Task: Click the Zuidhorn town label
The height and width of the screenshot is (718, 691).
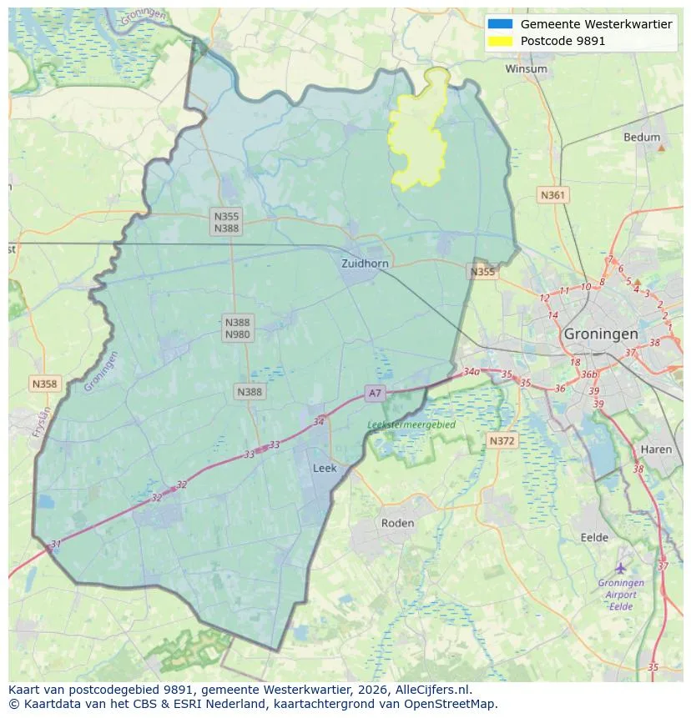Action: (x=365, y=264)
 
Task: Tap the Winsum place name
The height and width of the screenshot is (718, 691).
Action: (x=526, y=69)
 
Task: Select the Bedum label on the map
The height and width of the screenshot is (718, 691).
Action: (x=641, y=138)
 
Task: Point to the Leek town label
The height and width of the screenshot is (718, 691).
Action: (x=325, y=469)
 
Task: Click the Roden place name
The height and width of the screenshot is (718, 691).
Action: (x=397, y=523)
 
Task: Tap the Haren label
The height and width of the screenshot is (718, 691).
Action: (x=656, y=449)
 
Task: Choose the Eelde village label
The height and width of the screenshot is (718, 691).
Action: (x=594, y=538)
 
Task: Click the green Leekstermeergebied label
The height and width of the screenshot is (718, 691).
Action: (x=411, y=424)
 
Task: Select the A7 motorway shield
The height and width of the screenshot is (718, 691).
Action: (x=375, y=393)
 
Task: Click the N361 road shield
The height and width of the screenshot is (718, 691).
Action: (x=552, y=195)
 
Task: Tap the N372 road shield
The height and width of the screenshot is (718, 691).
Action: (x=502, y=440)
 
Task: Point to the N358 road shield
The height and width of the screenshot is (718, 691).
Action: (x=44, y=384)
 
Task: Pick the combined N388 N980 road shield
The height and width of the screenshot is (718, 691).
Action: (x=237, y=328)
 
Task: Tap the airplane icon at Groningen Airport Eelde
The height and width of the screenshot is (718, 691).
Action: (x=620, y=568)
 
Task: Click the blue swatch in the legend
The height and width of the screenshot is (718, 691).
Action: (x=501, y=24)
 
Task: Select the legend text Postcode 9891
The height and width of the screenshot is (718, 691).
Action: (x=562, y=41)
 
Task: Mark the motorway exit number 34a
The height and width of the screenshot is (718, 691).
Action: (x=472, y=372)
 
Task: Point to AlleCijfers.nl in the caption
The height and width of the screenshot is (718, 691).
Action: (x=432, y=690)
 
